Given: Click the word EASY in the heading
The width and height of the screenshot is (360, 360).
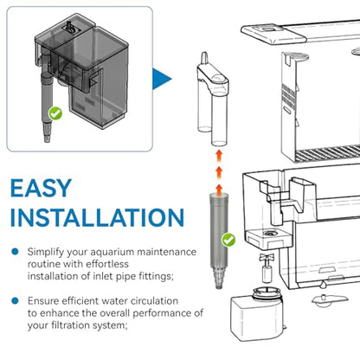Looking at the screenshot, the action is [41, 188].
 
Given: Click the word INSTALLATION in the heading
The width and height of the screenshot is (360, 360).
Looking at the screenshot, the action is [97, 217].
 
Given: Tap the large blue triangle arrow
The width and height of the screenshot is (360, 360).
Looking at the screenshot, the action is [162, 79].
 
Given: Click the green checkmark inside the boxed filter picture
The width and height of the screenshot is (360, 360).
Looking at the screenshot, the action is [55, 113].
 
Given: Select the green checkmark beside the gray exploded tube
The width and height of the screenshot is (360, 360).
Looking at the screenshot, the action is [228, 240].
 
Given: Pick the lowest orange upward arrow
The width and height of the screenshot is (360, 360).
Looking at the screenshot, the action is [219, 190].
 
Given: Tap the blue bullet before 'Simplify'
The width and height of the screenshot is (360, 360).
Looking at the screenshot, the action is [15, 252].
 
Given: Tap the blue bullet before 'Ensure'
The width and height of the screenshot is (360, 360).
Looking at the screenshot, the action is [15, 301].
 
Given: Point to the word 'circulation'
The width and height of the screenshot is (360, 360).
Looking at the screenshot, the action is [154, 301].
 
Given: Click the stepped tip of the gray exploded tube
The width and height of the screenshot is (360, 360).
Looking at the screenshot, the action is [218, 278].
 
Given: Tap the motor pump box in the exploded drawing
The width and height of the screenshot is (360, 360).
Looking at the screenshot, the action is [256, 314].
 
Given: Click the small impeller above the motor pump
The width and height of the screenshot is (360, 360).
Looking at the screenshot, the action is [266, 267].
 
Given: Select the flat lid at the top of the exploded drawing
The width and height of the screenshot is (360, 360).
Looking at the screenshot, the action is [300, 32].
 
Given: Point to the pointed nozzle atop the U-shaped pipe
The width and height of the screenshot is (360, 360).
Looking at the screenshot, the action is [204, 58].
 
